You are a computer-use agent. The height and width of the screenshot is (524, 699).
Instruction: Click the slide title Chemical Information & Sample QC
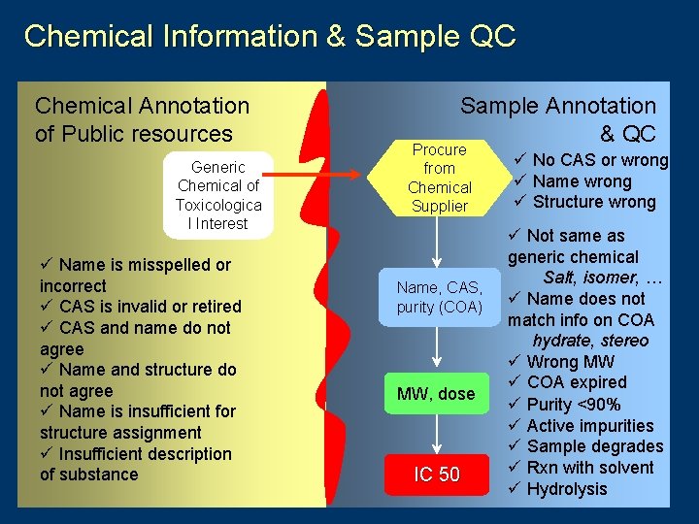click(270, 37)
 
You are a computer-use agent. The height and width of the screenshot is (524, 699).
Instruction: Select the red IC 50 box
click(437, 475)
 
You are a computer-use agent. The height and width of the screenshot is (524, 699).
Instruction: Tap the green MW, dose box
click(436, 393)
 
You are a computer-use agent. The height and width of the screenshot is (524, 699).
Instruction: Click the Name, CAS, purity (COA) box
click(439, 297)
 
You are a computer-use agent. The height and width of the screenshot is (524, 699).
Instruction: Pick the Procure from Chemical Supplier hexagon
click(439, 178)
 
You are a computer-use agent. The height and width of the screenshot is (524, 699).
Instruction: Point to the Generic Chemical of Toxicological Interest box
click(218, 195)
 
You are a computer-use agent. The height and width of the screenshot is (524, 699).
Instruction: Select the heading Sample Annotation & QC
click(558, 119)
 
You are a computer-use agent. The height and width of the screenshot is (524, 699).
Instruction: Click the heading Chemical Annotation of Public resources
click(142, 119)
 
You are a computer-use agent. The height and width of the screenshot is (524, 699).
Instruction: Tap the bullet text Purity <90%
click(582, 404)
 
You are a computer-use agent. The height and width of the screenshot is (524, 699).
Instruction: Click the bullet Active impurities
click(589, 425)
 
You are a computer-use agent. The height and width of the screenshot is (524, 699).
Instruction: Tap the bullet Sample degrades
click(594, 446)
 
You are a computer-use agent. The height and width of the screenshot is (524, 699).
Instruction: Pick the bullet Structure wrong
click(593, 202)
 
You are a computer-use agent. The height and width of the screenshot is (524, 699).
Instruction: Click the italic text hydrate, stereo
click(590, 341)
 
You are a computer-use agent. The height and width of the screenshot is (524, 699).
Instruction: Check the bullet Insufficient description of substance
click(136, 464)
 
